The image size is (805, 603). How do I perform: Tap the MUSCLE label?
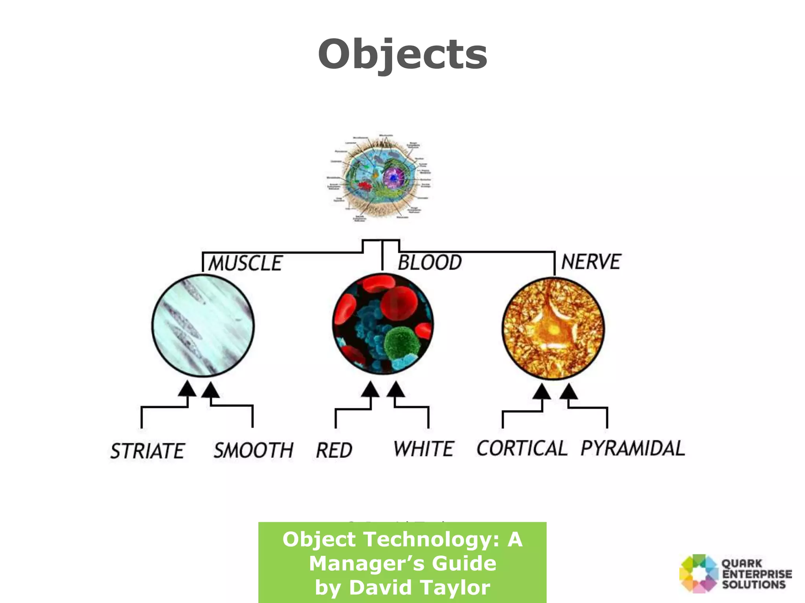click(245, 263)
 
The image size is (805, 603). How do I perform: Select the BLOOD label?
click(430, 262)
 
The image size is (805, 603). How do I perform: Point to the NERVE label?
click(591, 261)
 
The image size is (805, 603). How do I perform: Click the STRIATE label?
click(147, 451)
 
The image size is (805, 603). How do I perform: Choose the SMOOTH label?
click(254, 450)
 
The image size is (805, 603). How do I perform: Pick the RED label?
click(334, 450)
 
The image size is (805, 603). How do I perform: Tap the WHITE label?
click(424, 449)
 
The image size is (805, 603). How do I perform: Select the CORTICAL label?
click(522, 448)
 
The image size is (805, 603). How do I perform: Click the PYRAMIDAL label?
click(633, 448)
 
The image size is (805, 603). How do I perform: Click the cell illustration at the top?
click(379, 179)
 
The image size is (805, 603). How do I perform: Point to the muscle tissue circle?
click(203, 325)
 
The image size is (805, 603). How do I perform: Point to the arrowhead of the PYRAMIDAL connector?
click(568, 391)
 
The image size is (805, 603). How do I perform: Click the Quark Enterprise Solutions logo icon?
click(698, 574)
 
